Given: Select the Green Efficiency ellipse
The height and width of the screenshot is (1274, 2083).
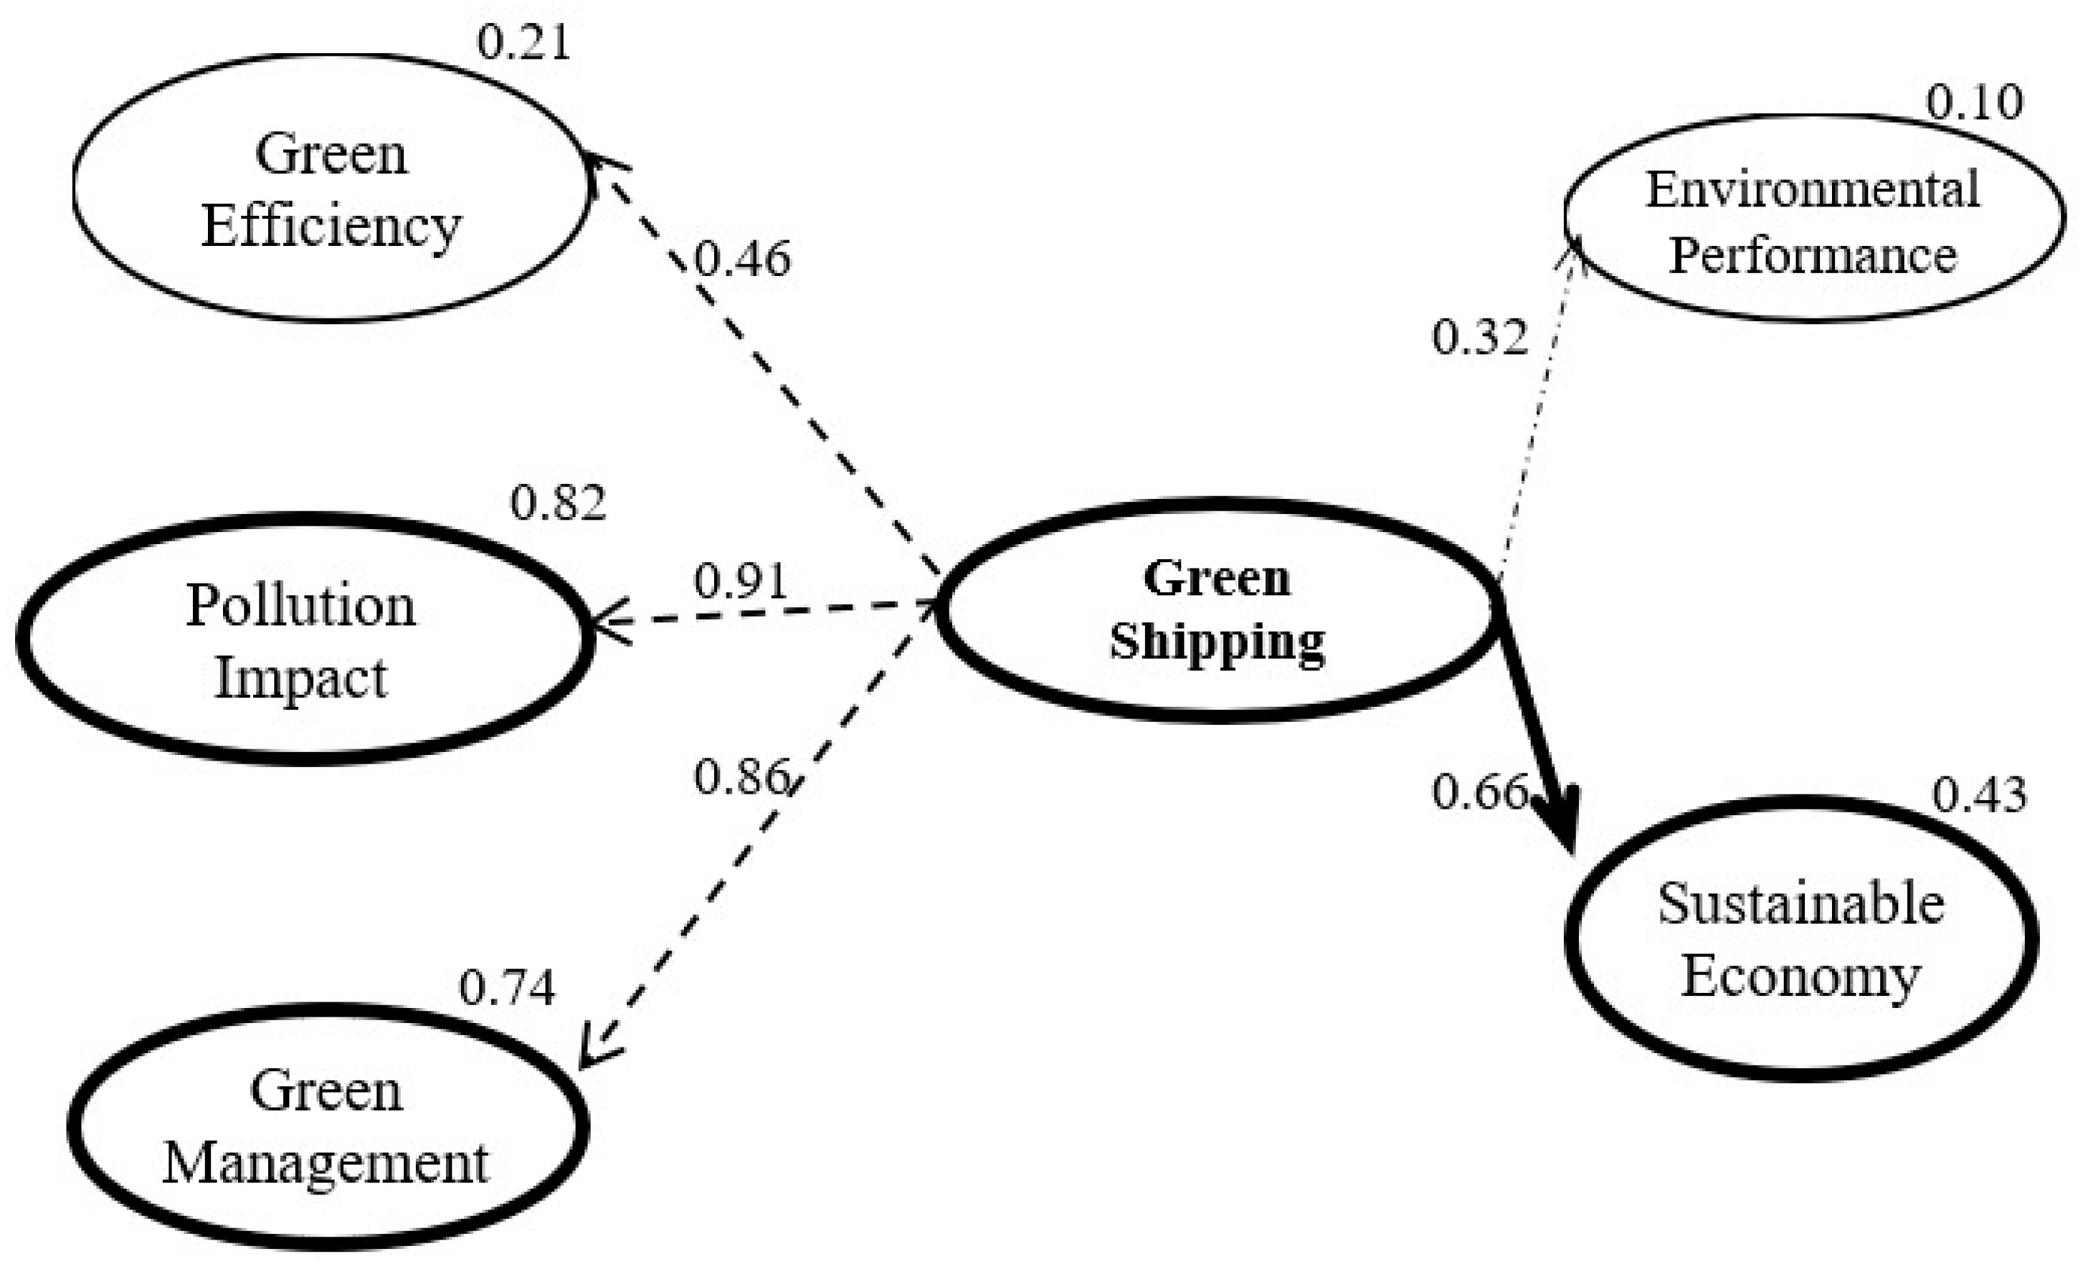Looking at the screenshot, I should pos(331,188).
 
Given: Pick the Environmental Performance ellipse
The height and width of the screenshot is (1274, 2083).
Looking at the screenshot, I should pos(1813,218).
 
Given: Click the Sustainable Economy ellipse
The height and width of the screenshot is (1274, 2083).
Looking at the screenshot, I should pos(1800,938).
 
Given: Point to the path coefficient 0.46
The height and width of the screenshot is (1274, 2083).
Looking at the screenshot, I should pos(742,259).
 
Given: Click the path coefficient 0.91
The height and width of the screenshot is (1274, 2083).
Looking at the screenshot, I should pos(741,581).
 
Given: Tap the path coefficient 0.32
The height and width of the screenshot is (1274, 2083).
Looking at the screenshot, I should pos(1479,336).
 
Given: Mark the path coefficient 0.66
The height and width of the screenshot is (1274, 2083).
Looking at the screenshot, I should pos(1479,792).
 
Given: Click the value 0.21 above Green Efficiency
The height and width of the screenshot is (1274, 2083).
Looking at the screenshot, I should pos(524,42).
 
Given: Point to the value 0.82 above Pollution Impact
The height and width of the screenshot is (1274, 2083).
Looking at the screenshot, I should pos(558,503).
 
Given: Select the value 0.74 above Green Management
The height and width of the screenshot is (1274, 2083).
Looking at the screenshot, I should pos(507,987).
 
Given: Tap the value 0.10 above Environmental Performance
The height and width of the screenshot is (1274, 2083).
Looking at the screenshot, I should pos(1974,103).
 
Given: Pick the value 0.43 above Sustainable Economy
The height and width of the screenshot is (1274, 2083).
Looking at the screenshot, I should pos(1979,794).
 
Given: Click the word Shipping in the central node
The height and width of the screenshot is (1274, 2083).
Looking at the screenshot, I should pos(1218,641).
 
